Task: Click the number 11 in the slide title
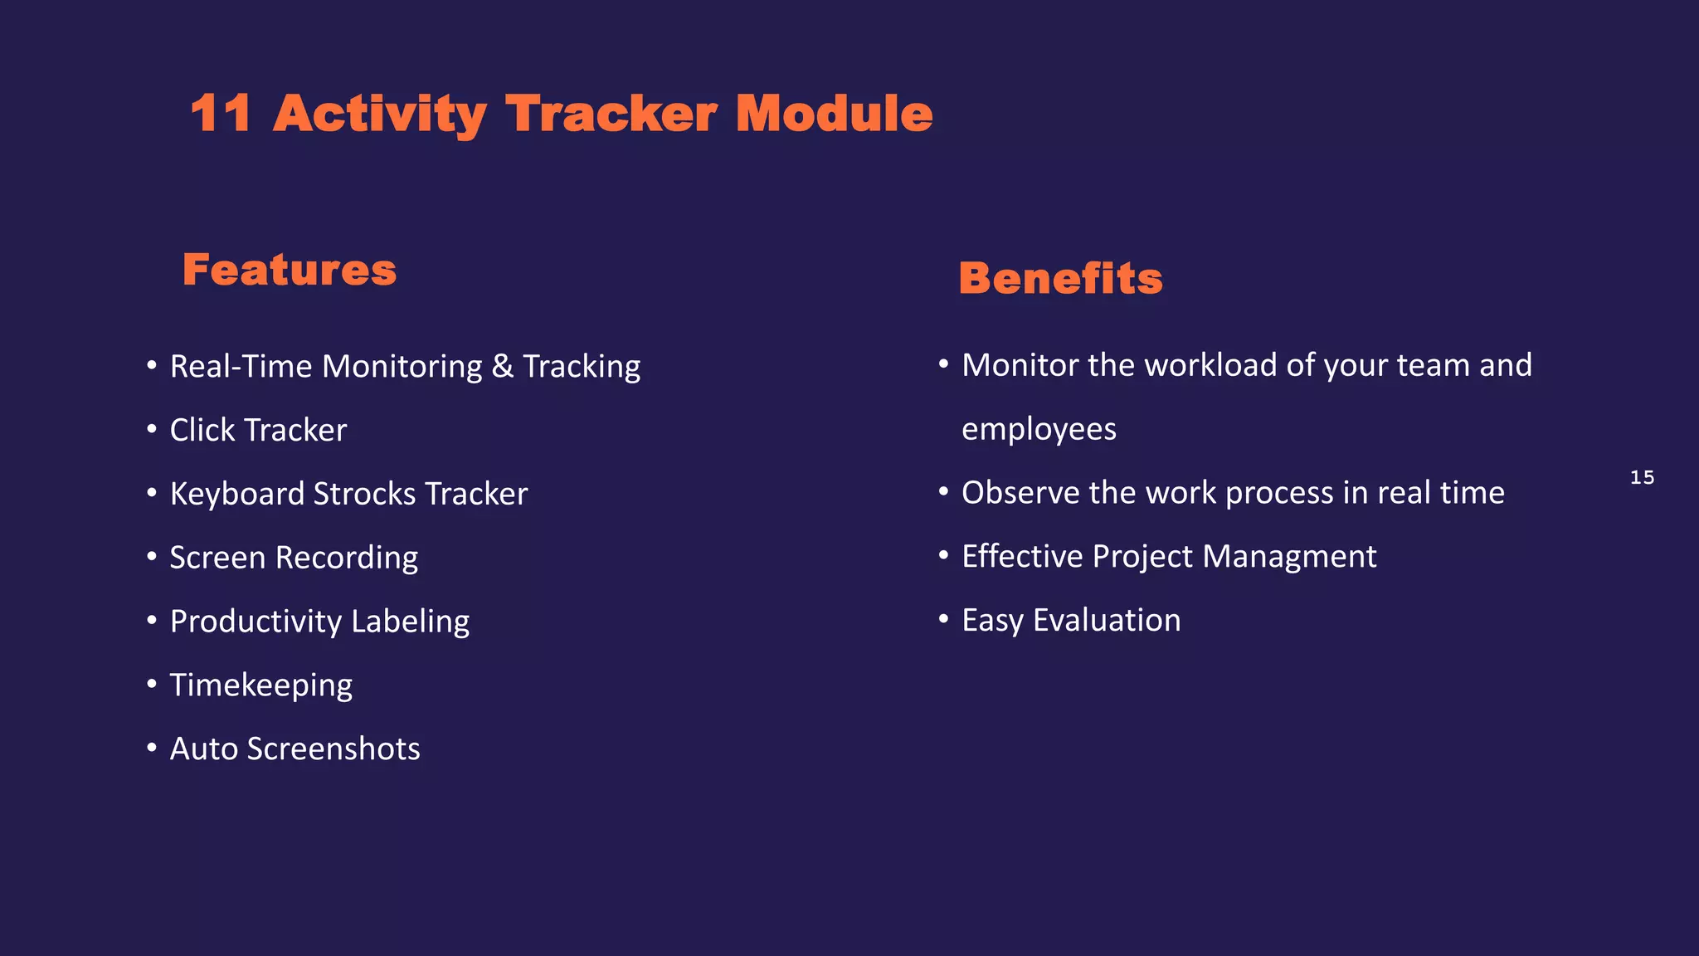(221, 114)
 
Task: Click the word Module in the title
(834, 114)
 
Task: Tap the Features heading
(290, 271)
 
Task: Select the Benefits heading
(1060, 279)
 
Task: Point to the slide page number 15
(1642, 478)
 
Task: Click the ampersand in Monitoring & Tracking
(502, 367)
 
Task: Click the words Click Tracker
(258, 431)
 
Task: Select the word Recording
(346, 558)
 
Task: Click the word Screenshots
(333, 749)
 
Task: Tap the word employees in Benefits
(1039, 430)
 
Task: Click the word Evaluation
(1107, 621)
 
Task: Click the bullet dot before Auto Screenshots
(152, 748)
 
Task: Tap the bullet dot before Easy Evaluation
(943, 619)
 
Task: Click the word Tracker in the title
(611, 114)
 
